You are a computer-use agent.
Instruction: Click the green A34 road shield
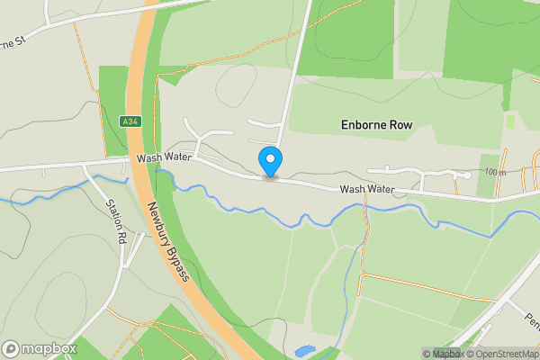[x=130, y=121]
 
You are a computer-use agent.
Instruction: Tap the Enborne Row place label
[x=376, y=125]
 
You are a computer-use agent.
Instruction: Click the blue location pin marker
[x=270, y=162]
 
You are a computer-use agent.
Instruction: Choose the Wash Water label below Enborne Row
[x=367, y=189]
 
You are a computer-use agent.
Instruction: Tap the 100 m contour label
[x=494, y=172]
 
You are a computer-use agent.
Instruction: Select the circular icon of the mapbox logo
[x=11, y=349]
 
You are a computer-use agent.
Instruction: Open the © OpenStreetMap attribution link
[x=500, y=354]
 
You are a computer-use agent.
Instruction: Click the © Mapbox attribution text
[x=442, y=354]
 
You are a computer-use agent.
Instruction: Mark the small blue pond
[x=304, y=351]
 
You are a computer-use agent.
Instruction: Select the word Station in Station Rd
[x=114, y=214]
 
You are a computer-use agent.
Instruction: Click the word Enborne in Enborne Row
[x=363, y=125]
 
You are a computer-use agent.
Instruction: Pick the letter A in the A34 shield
[x=125, y=121]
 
